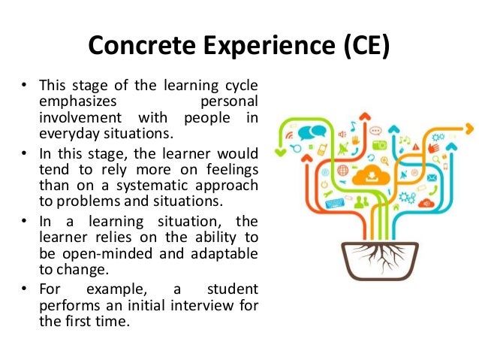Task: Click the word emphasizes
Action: [74, 100]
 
